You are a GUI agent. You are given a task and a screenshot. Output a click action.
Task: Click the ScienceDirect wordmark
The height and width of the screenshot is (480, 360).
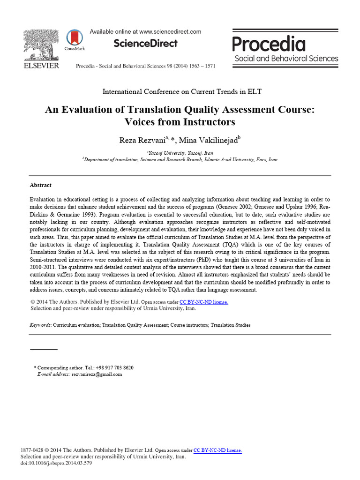coord(145,44)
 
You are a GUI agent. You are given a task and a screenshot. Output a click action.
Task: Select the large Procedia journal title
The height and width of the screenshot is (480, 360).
coord(269,44)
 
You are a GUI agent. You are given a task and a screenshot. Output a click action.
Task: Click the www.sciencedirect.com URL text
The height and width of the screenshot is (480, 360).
coord(170,32)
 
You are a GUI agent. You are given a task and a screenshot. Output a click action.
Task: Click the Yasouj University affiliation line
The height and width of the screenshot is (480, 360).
coord(180,153)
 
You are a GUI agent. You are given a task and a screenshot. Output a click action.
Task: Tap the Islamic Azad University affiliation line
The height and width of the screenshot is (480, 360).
coord(180,159)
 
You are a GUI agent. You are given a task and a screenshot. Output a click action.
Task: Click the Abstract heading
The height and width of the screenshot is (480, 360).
coord(40,185)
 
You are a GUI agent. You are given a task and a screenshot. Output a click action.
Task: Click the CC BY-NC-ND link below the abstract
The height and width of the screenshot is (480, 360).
coord(204,302)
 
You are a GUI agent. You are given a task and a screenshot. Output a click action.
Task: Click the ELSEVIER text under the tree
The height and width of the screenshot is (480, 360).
coord(41,66)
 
